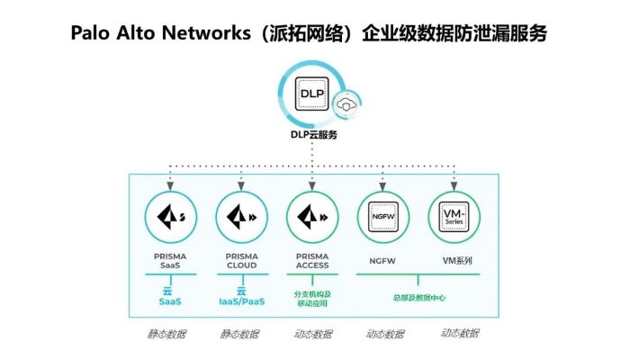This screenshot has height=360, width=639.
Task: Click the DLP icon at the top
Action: pyautogui.click(x=312, y=93)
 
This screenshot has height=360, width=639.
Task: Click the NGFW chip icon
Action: pyautogui.click(x=383, y=217)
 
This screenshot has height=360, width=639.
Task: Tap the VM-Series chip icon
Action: pyautogui.click(x=454, y=217)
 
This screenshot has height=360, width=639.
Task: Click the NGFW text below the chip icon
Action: pyautogui.click(x=383, y=260)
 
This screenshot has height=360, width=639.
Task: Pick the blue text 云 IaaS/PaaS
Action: pyautogui.click(x=241, y=297)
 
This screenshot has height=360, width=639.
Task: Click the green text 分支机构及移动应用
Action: pyautogui.click(x=312, y=297)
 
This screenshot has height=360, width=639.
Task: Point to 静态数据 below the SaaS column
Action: pyautogui.click(x=168, y=334)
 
